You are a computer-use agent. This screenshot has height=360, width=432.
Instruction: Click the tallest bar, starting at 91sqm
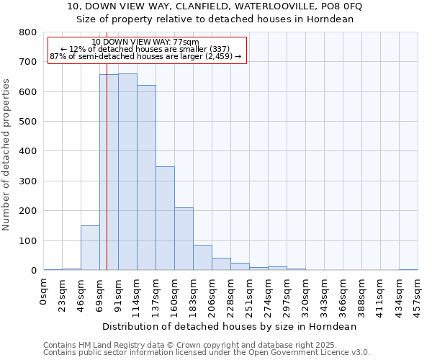click(x=127, y=172)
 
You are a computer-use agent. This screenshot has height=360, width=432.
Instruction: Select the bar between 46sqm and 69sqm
click(x=90, y=248)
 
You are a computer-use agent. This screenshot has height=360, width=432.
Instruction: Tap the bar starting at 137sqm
click(x=165, y=218)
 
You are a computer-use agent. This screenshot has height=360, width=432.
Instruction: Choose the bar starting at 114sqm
click(x=146, y=178)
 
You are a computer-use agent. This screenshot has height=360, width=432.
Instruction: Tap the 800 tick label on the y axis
click(x=28, y=32)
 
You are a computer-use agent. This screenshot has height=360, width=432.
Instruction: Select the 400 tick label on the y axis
click(x=28, y=151)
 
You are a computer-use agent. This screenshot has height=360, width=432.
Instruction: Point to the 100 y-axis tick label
click(x=28, y=240)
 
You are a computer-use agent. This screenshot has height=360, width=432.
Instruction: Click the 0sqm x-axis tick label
click(x=44, y=292)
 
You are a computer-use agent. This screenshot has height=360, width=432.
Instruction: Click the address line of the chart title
click(x=215, y=6)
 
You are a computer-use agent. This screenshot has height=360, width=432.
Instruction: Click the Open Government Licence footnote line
click(x=207, y=352)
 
